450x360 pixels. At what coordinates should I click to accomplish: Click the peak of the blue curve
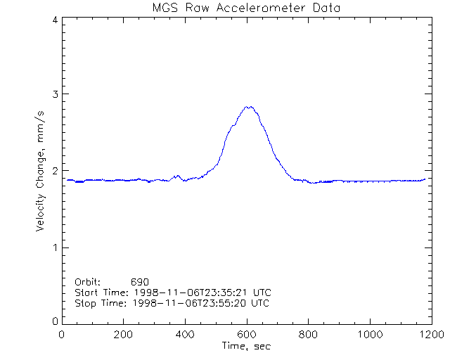[x=247, y=107]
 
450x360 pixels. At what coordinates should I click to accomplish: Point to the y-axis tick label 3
[x=54, y=94]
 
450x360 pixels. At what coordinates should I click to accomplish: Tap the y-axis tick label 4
[x=54, y=20]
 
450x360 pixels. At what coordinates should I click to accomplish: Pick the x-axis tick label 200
[x=123, y=335]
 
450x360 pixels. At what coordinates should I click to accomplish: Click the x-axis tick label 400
[x=185, y=335]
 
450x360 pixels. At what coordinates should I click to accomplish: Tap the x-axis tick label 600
[x=246, y=335]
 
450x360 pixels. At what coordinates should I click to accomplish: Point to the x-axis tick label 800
[x=308, y=335]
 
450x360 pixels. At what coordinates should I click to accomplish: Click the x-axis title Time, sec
[x=246, y=346]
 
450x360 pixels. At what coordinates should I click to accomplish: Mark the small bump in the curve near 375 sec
[x=177, y=176]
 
